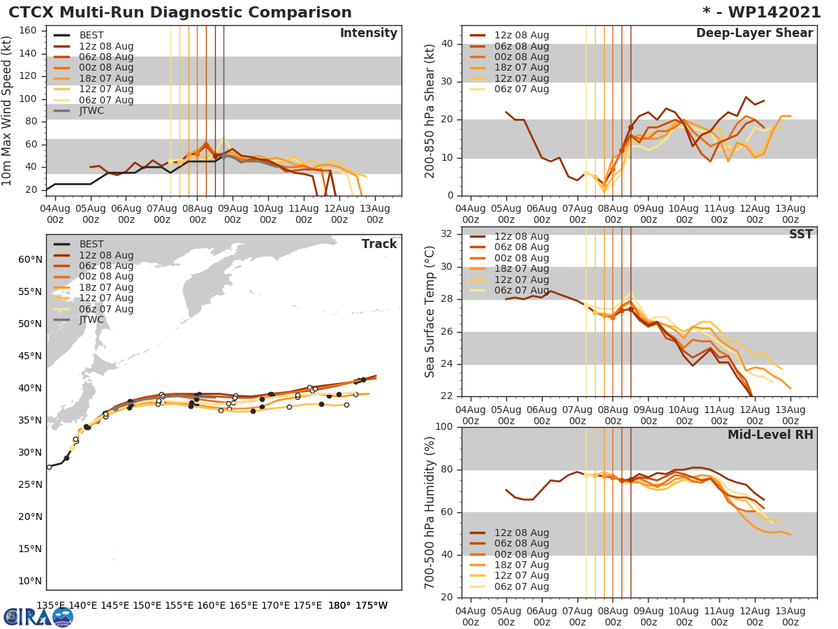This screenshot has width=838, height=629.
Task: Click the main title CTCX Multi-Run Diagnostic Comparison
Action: coord(180,13)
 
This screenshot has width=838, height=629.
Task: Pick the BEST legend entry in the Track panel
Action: coord(91,244)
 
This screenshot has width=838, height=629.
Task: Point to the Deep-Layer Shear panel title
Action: coord(754,34)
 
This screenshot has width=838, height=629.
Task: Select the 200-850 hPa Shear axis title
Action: coord(430,110)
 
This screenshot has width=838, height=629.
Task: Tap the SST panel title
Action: coord(800,234)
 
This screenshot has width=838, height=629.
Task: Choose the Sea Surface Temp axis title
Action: coord(430,312)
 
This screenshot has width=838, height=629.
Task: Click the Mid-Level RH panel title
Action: coord(770,435)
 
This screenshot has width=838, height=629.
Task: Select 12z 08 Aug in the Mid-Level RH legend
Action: coord(522,533)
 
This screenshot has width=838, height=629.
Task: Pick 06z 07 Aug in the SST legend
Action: coord(522,290)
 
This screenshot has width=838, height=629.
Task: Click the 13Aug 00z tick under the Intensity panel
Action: coord(374,213)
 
